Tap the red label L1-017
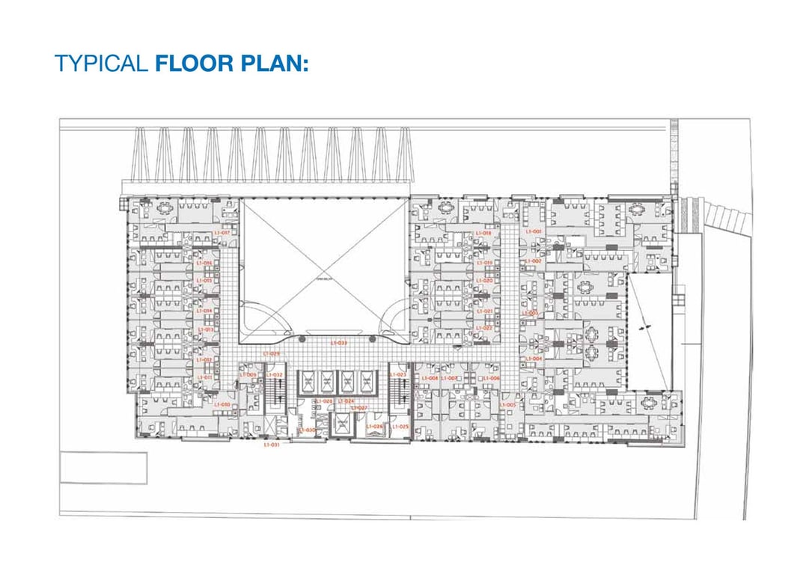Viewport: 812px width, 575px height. (222, 233)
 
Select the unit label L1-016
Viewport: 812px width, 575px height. (204, 264)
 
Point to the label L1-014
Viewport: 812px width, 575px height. (204, 311)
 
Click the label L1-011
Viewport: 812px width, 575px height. (204, 377)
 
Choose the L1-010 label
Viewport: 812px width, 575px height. (222, 404)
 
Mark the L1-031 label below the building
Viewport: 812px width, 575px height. (271, 445)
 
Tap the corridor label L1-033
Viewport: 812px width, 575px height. (338, 343)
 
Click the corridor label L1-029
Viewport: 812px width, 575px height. (271, 353)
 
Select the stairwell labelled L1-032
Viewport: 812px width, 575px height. (275, 374)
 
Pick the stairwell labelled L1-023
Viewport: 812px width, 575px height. (398, 374)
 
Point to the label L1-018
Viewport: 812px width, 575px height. (483, 233)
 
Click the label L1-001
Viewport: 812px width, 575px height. (533, 231)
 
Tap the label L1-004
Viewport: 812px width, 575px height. (533, 359)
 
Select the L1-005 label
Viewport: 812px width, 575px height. (507, 405)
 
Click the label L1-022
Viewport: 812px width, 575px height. (483, 328)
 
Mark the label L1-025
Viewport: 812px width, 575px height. (400, 426)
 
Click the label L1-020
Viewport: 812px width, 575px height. (483, 280)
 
